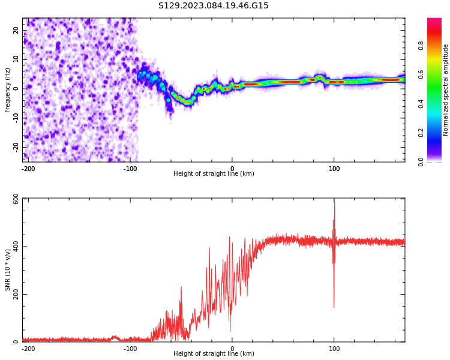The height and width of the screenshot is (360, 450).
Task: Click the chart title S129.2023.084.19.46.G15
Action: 213,6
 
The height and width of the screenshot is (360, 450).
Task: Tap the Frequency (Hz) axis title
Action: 8,90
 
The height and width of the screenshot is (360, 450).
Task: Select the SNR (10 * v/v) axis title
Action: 8,270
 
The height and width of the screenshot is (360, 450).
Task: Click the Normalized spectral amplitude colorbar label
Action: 446,90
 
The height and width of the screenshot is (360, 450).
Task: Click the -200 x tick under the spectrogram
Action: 28,169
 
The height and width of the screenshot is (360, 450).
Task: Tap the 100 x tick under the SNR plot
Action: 334,348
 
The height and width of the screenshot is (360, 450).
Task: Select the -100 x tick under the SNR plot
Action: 130,348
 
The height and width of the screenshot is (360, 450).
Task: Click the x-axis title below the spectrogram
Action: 214,174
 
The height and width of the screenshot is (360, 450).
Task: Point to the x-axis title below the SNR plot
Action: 214,354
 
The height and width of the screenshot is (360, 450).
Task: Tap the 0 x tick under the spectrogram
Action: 232,169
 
